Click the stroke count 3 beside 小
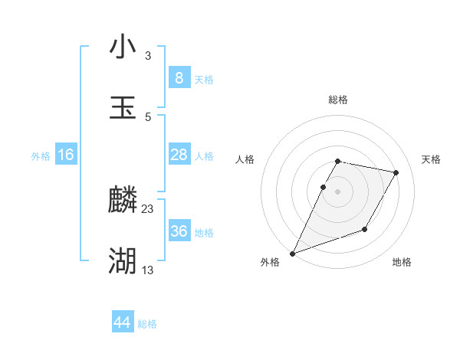click(x=148, y=56)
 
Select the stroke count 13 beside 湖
click(x=148, y=270)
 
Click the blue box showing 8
click(x=179, y=78)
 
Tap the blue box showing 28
click(x=179, y=155)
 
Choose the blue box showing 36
click(x=179, y=231)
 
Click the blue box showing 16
click(x=66, y=155)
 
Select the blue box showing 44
click(x=123, y=323)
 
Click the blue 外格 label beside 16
click(x=41, y=156)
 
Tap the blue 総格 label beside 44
click(x=147, y=325)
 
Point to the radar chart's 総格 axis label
click(x=338, y=100)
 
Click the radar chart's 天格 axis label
click(x=432, y=159)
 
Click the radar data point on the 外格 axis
click(x=293, y=253)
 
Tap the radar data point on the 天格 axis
click(x=396, y=173)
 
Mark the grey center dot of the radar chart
click(x=338, y=191)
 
